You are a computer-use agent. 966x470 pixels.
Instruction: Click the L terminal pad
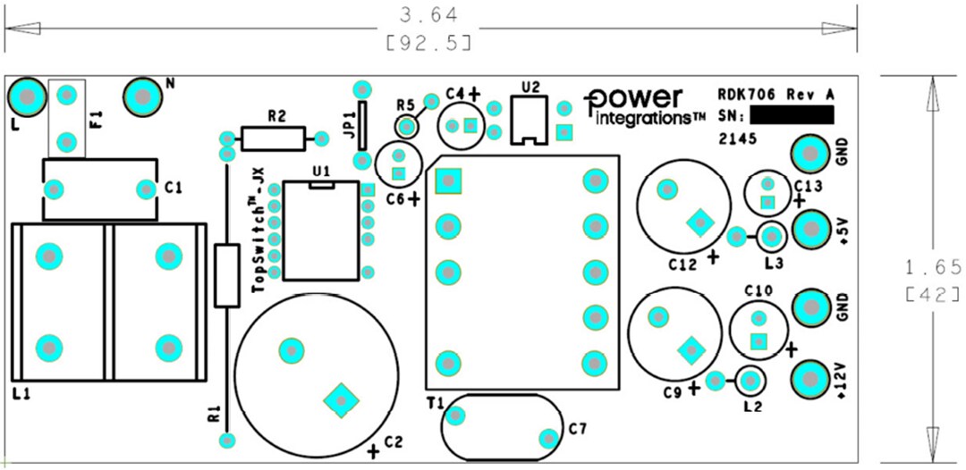28,96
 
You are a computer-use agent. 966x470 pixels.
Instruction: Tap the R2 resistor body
271,138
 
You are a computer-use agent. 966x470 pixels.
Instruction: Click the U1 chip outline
319,231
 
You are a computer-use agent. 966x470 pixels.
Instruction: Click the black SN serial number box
792,115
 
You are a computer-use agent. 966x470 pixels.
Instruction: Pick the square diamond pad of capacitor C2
340,399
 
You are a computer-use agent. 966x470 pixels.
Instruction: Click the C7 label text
578,431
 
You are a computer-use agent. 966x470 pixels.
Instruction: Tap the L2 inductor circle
750,382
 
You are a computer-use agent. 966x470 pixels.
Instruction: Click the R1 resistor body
227,276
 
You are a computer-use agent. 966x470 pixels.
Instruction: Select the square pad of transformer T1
446,181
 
